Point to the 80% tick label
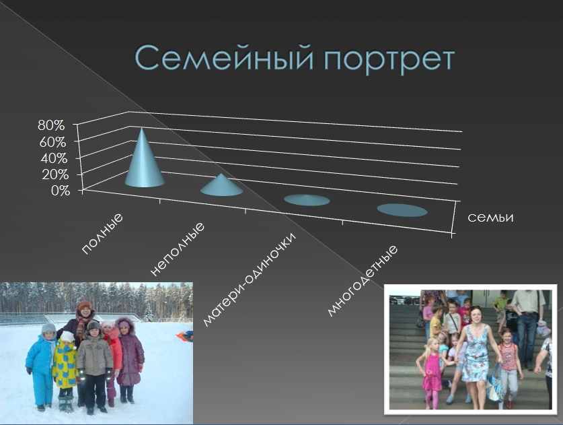(x=51, y=125)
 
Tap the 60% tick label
(x=52, y=142)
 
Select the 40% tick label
(x=54, y=158)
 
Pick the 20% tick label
(x=55, y=174)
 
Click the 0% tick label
(x=61, y=191)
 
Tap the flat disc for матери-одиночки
(x=307, y=200)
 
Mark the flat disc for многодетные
(x=402, y=210)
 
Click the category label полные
(x=102, y=234)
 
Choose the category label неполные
(x=177, y=249)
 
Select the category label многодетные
(x=363, y=281)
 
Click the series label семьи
(x=490, y=217)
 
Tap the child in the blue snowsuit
(x=41, y=367)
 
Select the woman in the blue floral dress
(x=476, y=356)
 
